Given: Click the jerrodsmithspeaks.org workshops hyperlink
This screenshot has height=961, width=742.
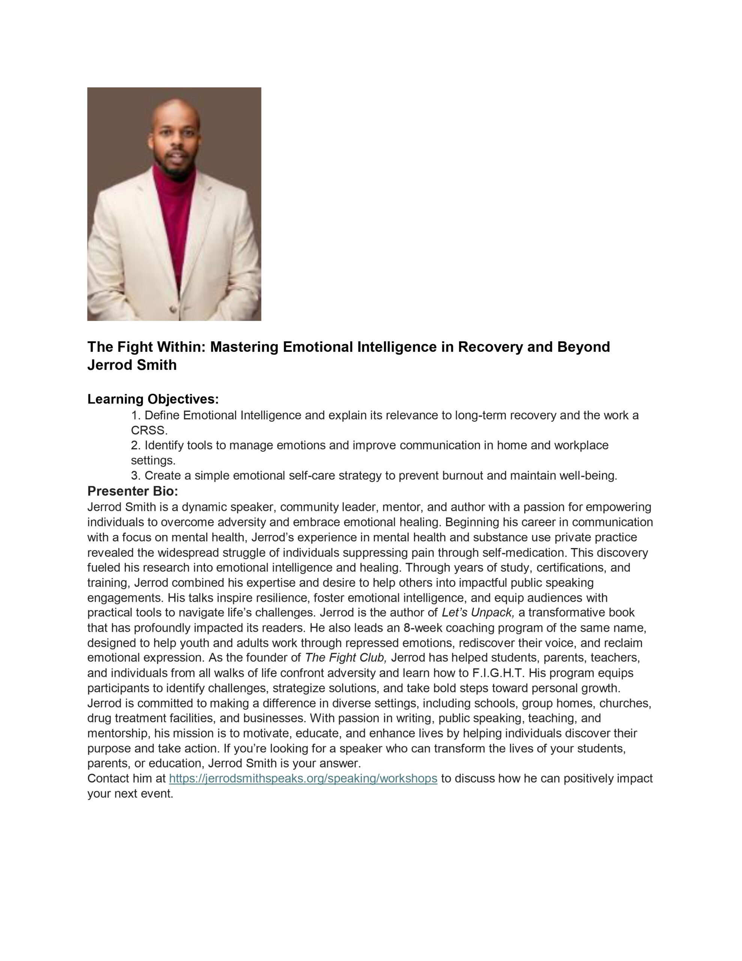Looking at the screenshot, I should [303, 779].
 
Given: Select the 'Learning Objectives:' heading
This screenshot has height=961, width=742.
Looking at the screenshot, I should [153, 399].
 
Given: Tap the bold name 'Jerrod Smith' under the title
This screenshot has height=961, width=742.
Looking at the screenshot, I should [132, 365].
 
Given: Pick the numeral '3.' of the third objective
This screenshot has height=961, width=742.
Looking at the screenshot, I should [136, 476].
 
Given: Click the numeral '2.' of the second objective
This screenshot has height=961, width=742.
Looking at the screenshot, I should [136, 445].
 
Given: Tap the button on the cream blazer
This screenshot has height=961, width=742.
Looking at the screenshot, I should [173, 309].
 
